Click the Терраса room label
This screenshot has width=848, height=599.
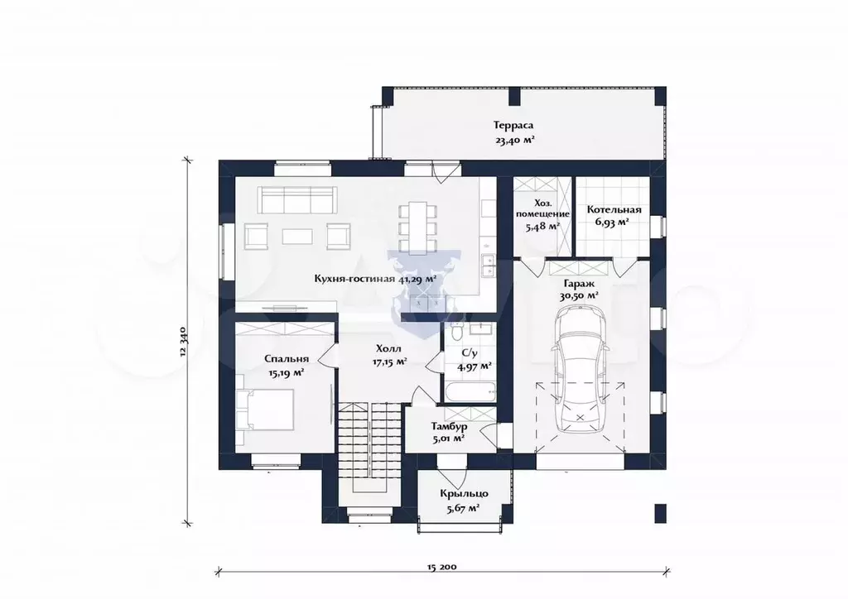(513, 125)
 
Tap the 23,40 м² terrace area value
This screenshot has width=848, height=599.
(515, 141)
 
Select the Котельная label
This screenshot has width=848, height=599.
(614, 209)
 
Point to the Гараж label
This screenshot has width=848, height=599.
(579, 283)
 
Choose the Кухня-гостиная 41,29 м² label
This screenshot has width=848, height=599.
(376, 279)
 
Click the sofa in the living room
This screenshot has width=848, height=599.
(297, 200)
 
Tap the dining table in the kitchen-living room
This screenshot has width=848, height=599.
(417, 228)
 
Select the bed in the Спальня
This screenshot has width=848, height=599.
(265, 410)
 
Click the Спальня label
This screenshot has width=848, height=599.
(287, 358)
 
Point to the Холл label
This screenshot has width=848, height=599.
(389, 348)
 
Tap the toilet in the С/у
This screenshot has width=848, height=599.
(455, 331)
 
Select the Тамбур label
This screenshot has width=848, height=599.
(450, 427)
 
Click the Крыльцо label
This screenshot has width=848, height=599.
(464, 494)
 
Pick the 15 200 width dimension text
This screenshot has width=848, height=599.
(442, 567)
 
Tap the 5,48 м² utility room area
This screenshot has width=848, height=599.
(542, 227)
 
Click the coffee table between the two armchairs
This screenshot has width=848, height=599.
(297, 236)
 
